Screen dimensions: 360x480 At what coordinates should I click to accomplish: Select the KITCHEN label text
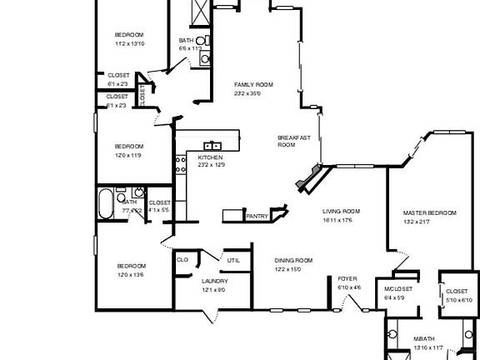(x=210, y=157)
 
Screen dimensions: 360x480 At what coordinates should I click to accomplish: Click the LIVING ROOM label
(x=341, y=211)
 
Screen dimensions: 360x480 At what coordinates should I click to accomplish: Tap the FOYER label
(x=347, y=278)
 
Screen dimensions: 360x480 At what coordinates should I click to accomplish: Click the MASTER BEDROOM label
(x=429, y=213)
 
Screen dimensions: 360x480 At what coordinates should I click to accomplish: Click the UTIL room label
(x=234, y=261)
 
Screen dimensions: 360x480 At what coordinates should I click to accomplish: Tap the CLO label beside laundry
(x=182, y=260)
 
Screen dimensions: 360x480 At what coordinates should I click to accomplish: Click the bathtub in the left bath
(x=106, y=204)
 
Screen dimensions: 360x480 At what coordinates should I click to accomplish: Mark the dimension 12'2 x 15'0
(x=287, y=269)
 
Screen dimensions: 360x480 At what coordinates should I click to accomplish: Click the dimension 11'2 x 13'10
(x=130, y=43)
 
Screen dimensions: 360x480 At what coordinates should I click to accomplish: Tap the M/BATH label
(x=424, y=339)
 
